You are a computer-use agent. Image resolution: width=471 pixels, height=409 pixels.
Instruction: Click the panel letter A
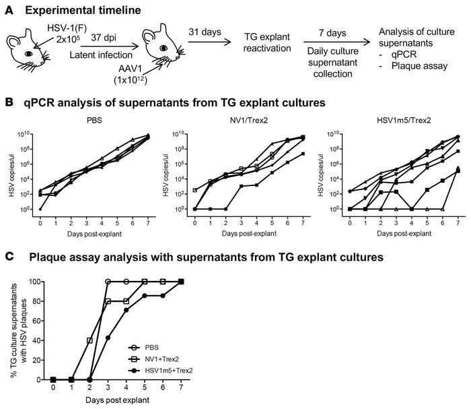pos(9,9)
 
